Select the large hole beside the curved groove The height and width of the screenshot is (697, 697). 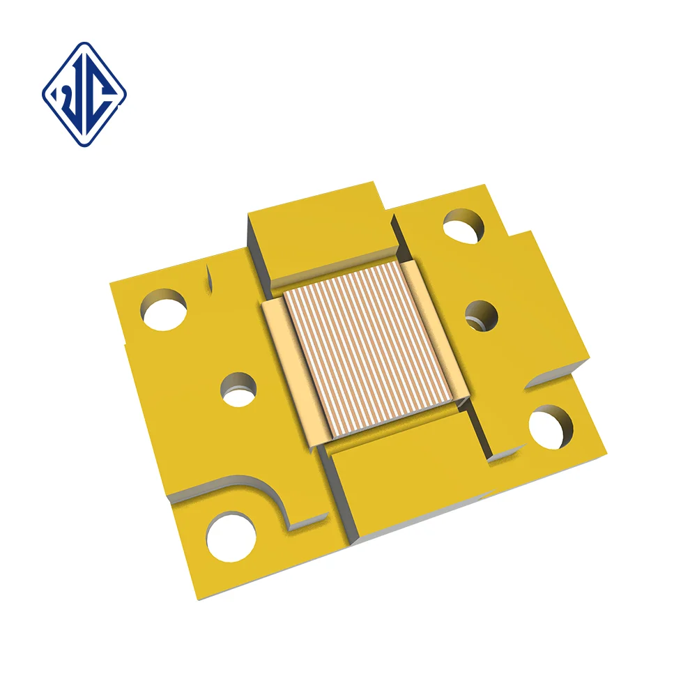[231, 537]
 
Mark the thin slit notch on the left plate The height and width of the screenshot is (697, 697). [208, 279]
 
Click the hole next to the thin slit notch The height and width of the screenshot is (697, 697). [164, 309]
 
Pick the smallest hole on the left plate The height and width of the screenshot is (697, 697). [238, 390]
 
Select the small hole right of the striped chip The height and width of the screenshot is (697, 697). [481, 315]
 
